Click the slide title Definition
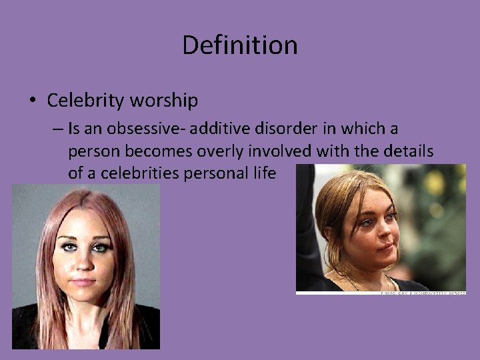coord(240,45)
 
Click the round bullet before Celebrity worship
coord(33,101)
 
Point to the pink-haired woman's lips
coord(83,281)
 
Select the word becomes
coord(141,151)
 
